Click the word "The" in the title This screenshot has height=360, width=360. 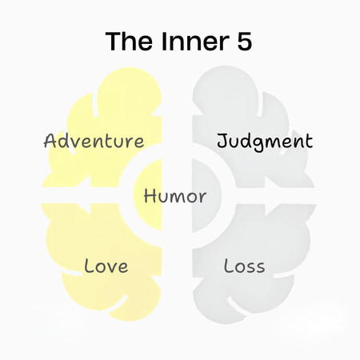point(130,41)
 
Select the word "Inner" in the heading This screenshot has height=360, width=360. point(195,41)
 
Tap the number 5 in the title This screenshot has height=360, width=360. point(244,42)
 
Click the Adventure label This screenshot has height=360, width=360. point(94,141)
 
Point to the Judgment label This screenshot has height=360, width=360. point(265,142)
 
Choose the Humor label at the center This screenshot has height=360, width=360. point(175,196)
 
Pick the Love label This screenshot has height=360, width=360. point(106,266)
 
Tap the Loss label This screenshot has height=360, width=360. point(244,266)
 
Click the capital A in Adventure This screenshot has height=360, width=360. point(50,141)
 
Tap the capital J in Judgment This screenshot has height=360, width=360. point(223,141)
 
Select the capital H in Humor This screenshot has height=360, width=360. point(150,196)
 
